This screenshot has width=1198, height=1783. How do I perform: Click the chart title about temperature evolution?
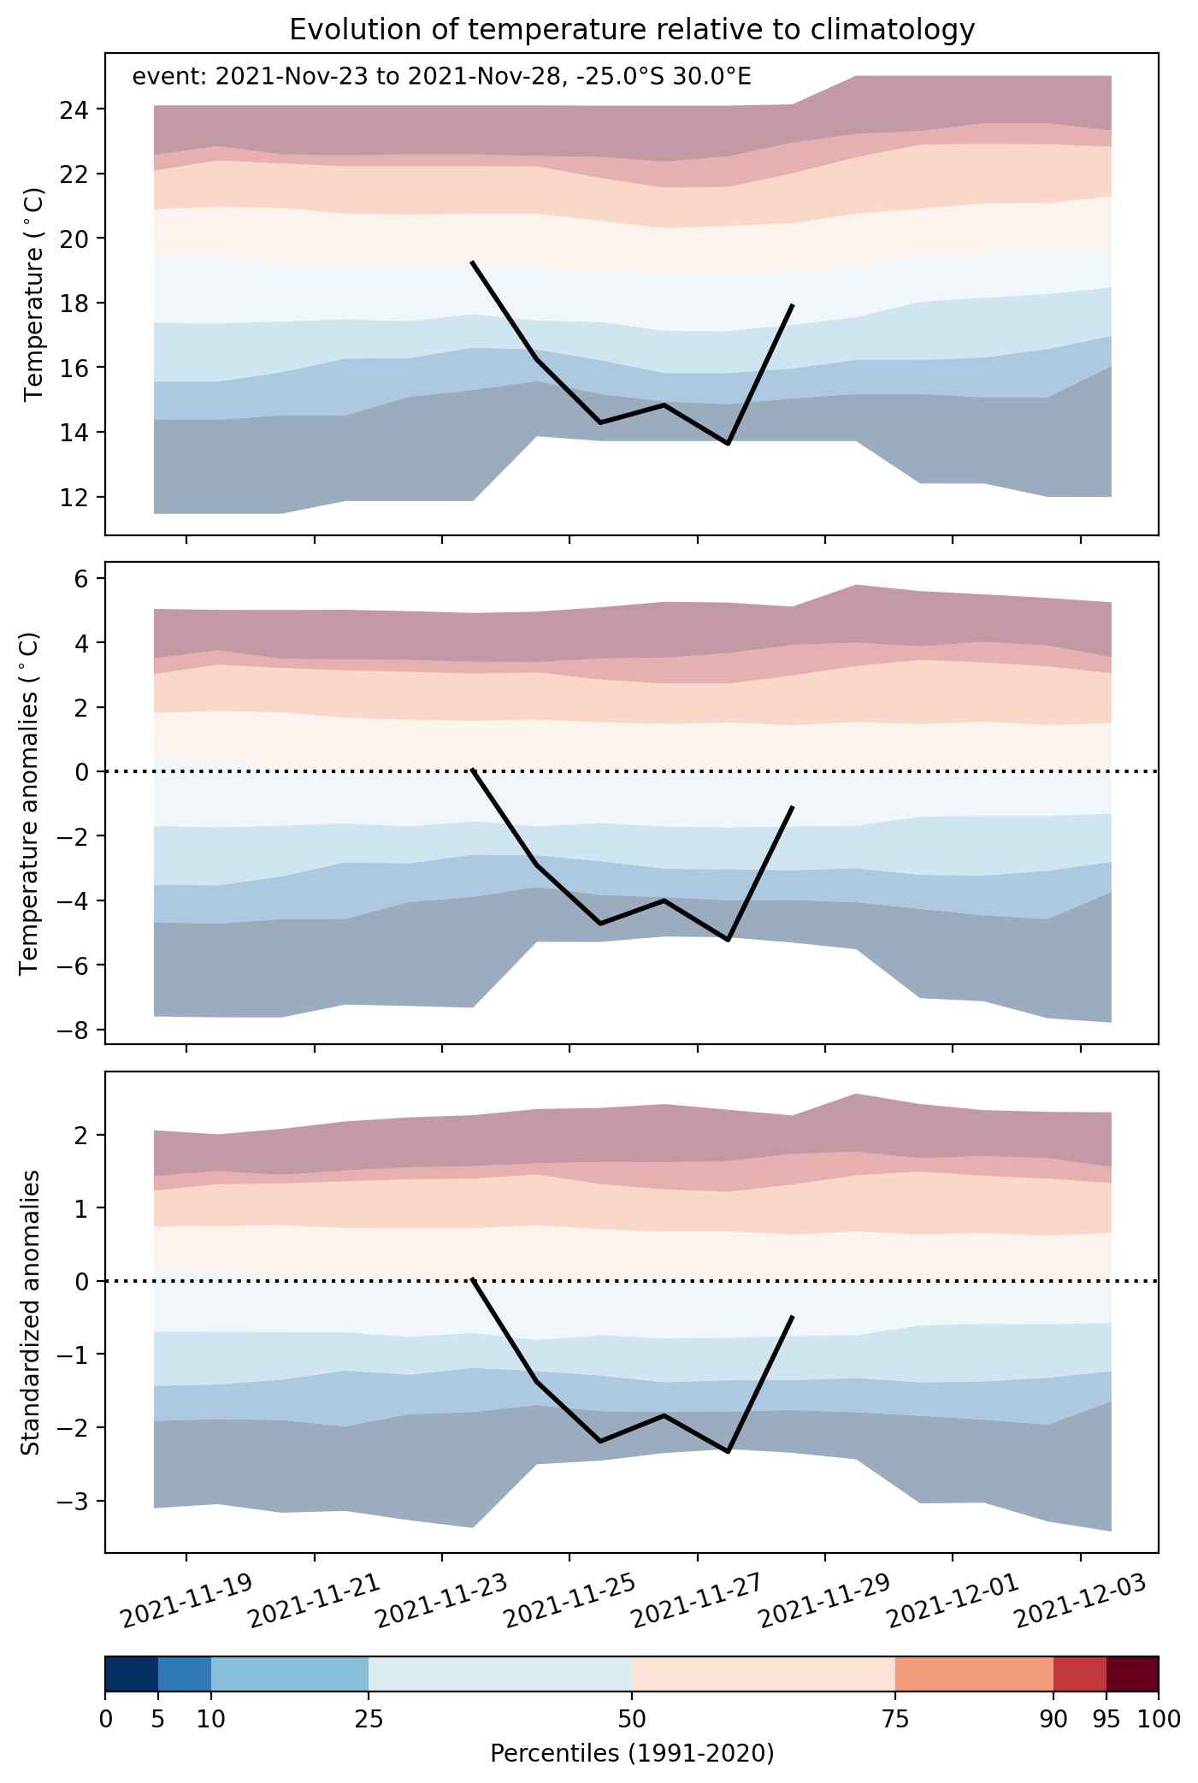point(632,30)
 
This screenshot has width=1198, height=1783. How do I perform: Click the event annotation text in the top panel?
point(441,78)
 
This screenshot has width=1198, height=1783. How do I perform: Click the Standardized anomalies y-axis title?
point(30,1312)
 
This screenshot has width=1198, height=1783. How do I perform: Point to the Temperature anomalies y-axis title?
point(30,802)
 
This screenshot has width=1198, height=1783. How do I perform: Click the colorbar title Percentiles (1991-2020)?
point(632,1755)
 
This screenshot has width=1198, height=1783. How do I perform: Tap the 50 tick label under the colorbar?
point(632,1718)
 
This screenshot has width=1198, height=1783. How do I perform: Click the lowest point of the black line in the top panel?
point(728,444)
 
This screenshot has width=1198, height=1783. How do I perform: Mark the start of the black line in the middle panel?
point(473,770)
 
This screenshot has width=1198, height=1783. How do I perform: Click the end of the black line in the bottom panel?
point(793,1317)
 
